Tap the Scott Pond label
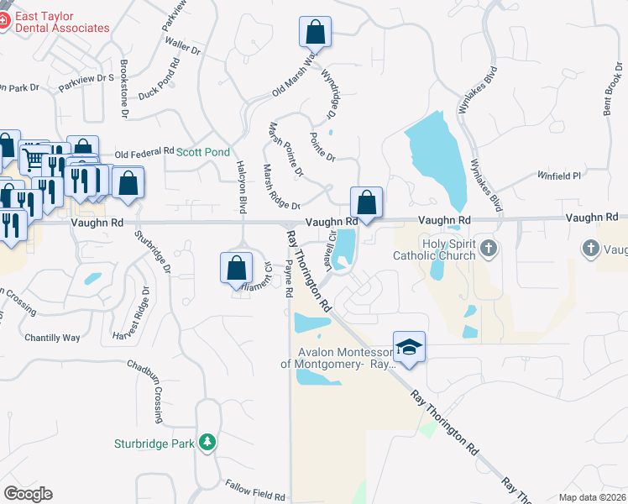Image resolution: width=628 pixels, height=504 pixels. point(202,152)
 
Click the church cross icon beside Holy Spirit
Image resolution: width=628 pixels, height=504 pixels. point(490,249)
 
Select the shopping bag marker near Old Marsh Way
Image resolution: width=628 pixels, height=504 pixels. point(315,33)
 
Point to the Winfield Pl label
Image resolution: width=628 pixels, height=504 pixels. point(559,176)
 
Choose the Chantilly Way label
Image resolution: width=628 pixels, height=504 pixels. point(52,337)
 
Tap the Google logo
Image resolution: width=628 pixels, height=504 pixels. point(28,494)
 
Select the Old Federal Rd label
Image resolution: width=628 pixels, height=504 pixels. point(144,154)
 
